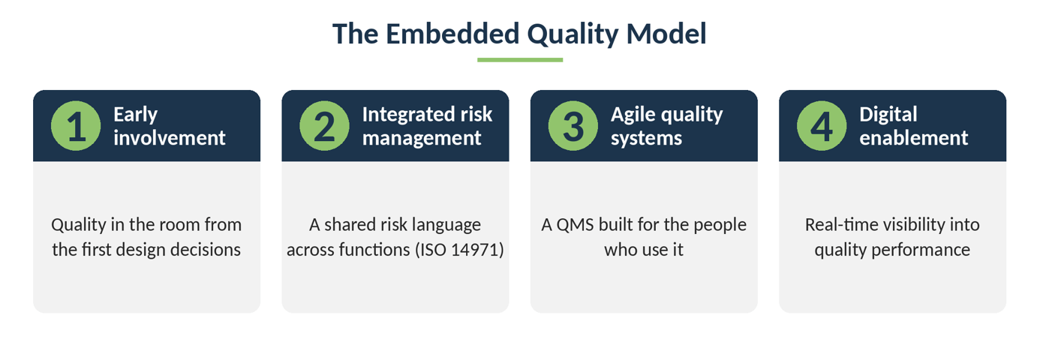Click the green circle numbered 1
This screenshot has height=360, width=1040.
[76, 126]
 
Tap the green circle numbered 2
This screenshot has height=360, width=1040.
[325, 126]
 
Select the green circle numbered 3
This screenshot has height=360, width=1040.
[573, 126]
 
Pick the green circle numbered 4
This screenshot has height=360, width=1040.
[822, 126]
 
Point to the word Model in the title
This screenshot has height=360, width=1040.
[666, 34]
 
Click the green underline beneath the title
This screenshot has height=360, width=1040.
[520, 60]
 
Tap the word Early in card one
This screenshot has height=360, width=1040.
[136, 115]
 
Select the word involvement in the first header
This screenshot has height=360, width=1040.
[170, 138]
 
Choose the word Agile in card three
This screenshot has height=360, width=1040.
[633, 115]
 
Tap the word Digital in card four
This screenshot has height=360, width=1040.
[888, 115]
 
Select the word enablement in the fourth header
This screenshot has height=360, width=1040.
[914, 138]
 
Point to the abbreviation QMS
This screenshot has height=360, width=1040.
[576, 225]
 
